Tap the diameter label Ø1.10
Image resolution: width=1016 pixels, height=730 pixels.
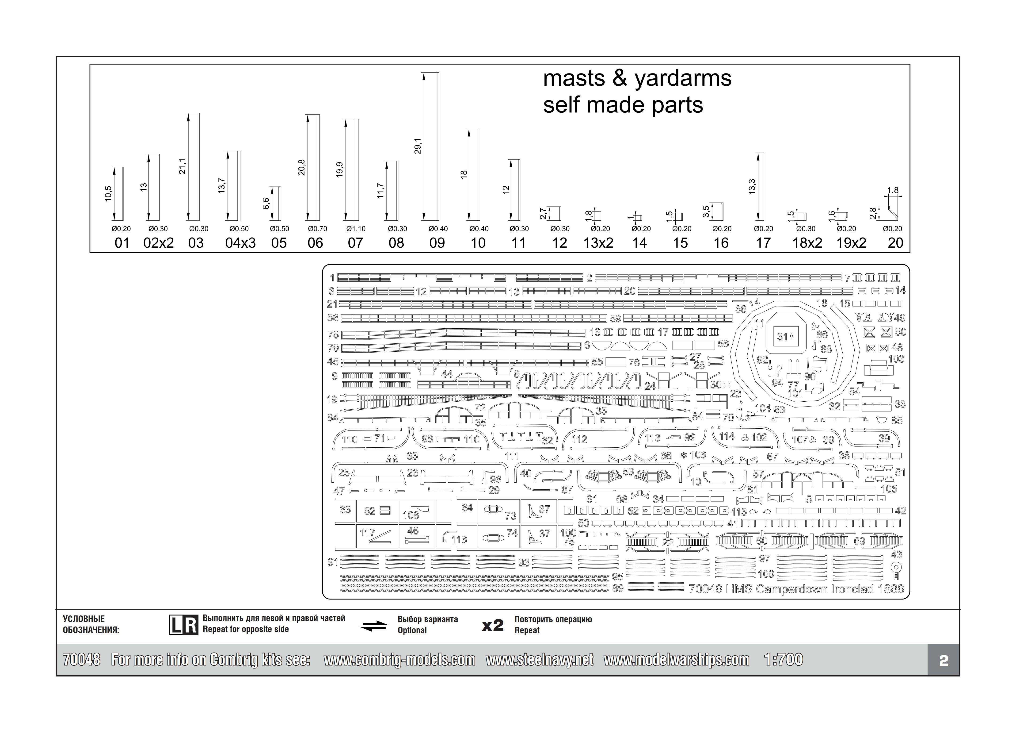pyautogui.click(x=356, y=229)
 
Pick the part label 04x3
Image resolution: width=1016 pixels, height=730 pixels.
pyautogui.click(x=240, y=243)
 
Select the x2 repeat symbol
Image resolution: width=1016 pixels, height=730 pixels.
pyautogui.click(x=493, y=625)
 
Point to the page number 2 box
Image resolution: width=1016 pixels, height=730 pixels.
pyautogui.click(x=944, y=660)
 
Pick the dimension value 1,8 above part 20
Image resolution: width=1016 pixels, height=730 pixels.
pyautogui.click(x=893, y=190)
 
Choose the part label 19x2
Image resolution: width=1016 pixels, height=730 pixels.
pyautogui.click(x=851, y=243)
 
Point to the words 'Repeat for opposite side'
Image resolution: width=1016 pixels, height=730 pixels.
pyautogui.click(x=245, y=629)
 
